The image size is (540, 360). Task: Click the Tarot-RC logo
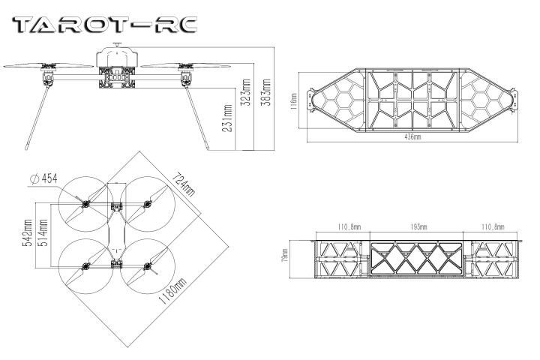[105, 25]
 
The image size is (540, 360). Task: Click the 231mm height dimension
[227, 118]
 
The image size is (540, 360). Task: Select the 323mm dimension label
[247, 92]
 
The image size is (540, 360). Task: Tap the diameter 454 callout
[44, 178]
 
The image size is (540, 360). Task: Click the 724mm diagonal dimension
[183, 184]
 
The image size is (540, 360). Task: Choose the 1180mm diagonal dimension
[172, 290]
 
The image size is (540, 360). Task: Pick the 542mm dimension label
[27, 232]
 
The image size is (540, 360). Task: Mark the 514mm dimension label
[42, 232]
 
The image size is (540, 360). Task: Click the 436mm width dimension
[412, 136]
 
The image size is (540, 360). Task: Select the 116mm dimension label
[294, 101]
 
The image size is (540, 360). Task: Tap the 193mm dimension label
[418, 226]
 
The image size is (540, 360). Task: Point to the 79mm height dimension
[284, 255]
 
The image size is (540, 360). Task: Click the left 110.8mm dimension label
[349, 226]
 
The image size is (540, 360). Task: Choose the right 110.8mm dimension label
[493, 226]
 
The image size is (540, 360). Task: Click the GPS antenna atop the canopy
[118, 45]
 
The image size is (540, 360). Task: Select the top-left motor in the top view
[85, 204]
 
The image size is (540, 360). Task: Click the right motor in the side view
[186, 76]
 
